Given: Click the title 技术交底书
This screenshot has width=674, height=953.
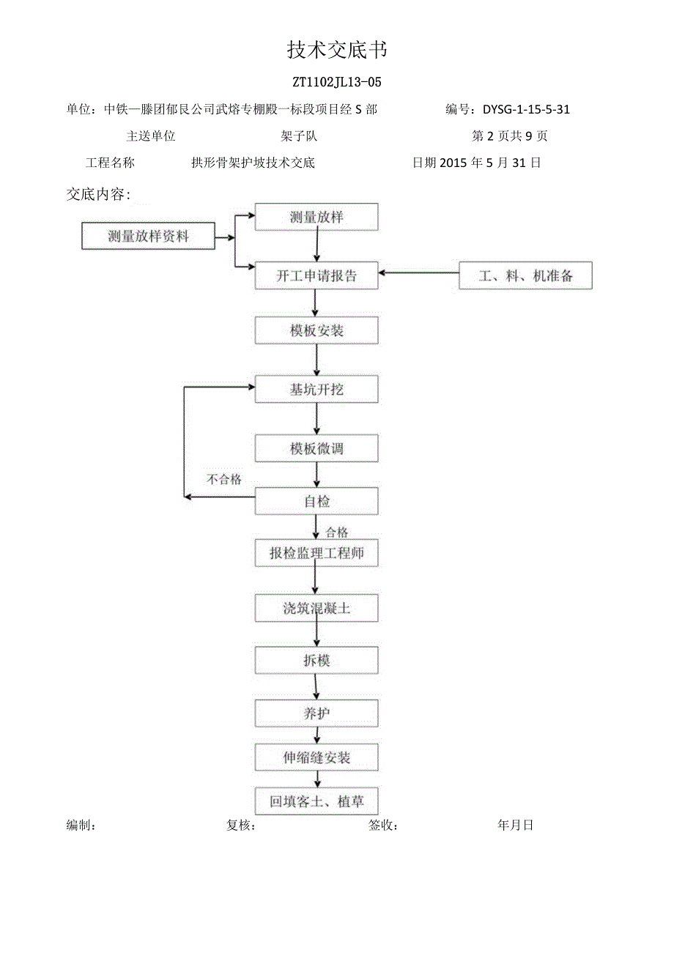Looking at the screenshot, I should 336,51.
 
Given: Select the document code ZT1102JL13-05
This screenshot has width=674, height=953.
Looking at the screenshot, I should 336,82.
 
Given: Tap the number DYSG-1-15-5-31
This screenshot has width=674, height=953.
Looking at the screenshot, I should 526,110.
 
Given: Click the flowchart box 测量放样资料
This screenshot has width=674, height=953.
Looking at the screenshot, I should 148,237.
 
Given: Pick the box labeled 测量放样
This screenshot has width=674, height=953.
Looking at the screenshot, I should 316,217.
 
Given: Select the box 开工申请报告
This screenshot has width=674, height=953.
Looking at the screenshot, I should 316,276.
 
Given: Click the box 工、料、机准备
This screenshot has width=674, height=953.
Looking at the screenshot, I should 525,276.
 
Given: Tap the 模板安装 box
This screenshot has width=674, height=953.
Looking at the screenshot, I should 316,331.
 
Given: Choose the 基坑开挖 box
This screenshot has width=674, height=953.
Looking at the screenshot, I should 316,390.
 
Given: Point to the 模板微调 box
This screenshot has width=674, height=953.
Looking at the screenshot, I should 316,448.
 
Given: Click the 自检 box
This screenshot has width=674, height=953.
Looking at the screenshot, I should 316,502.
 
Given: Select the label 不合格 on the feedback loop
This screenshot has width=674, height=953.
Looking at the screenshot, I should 223,480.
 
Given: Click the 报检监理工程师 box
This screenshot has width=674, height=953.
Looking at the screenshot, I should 316,554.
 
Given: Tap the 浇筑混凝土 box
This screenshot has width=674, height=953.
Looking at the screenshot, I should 316,609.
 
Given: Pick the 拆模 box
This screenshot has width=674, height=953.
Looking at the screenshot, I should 316,661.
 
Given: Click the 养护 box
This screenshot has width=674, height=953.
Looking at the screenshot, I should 316,713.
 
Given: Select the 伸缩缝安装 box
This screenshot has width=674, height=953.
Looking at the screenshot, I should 316,757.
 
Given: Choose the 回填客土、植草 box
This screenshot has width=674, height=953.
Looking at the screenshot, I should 316,801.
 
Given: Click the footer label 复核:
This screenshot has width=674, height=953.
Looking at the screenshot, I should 241,826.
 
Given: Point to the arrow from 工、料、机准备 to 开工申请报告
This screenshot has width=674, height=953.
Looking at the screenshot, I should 418,273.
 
